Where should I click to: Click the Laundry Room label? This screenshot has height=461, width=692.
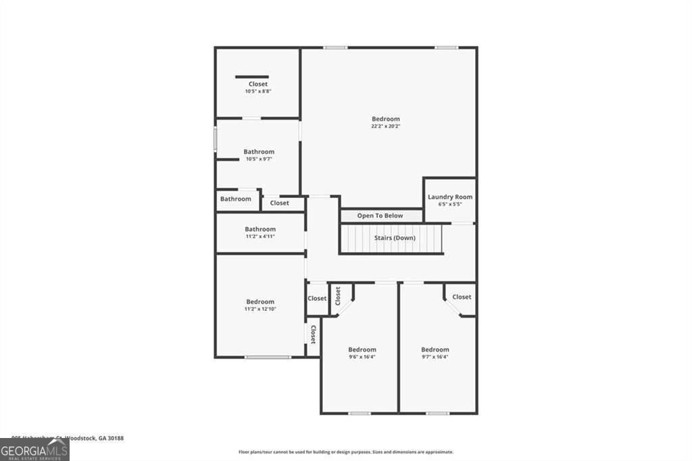tap(450, 197)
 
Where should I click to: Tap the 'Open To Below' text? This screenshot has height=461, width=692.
tap(380, 216)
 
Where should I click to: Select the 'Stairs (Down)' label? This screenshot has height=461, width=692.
tap(395, 238)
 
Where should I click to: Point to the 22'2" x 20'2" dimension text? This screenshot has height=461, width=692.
tap(386, 126)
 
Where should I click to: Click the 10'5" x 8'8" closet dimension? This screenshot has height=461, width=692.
tap(257, 91)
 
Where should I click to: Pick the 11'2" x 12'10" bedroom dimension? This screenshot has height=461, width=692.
tap(260, 309)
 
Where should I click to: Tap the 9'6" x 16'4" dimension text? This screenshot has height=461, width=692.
tap(362, 357)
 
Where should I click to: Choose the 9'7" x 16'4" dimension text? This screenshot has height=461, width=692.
tap(435, 357)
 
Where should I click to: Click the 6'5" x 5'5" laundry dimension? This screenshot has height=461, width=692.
tap(450, 204)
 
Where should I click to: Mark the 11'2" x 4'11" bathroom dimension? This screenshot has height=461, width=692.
tap(260, 237)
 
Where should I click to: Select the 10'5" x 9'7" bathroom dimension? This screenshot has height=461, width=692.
tap(259, 160)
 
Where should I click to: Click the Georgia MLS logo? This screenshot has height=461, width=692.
tap(34, 450)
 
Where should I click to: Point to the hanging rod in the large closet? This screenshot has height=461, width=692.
tap(252, 77)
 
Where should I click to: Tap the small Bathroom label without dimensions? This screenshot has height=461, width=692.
tap(235, 199)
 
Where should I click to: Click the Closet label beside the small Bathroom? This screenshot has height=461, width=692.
tap(280, 203)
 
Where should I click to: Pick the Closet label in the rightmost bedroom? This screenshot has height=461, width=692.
tap(462, 297)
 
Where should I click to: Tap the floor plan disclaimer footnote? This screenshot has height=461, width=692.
tap(345, 452)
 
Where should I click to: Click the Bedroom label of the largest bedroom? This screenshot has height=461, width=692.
tap(386, 119)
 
